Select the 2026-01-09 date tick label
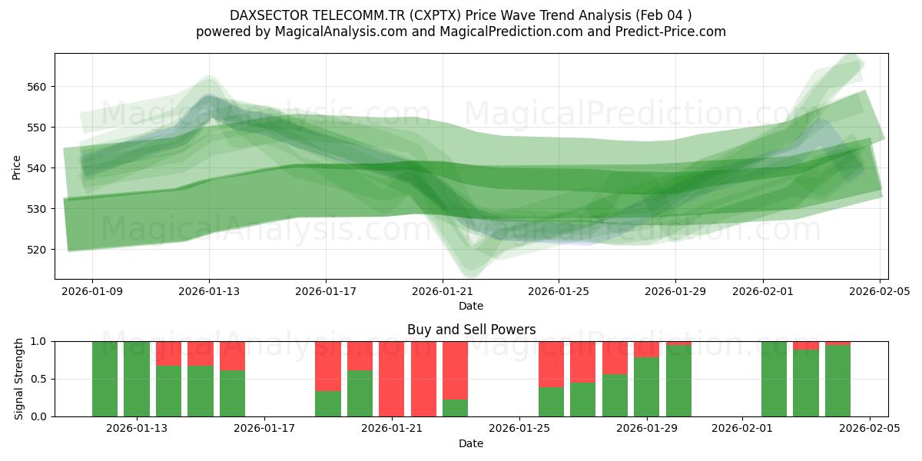(92, 291)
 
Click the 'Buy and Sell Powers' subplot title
(471, 330)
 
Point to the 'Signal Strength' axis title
(18, 379)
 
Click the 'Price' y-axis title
(17, 167)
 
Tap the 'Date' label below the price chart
(471, 306)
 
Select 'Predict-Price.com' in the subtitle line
(665, 32)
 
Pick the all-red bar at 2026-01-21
(392, 379)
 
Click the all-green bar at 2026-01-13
(137, 379)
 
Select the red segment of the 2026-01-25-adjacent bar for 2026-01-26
(551, 364)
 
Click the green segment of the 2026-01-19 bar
(328, 403)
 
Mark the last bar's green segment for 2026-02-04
(837, 381)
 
